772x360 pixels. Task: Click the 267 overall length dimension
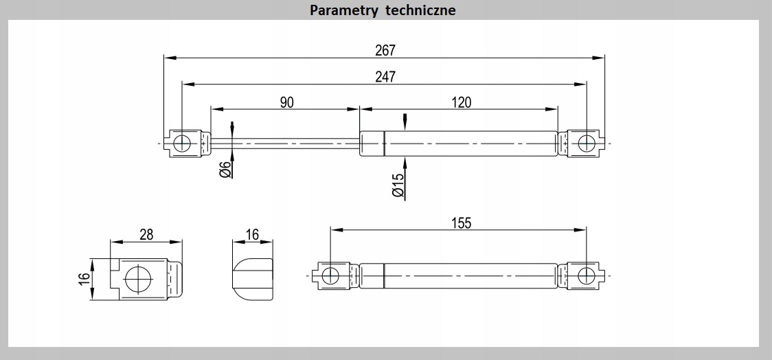pos(385,49)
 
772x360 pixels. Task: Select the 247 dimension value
pos(385,76)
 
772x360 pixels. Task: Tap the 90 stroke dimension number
pos(286,102)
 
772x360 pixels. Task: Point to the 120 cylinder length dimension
pos(462,102)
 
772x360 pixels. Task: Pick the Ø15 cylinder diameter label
pos(398,185)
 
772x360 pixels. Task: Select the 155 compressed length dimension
pos(462,223)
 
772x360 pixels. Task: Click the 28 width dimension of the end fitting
pos(146,234)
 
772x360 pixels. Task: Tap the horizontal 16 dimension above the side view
pos(252,234)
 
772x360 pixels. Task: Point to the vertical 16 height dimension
pos(84,278)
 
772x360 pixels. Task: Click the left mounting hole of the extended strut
pos(182,143)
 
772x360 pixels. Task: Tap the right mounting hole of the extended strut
pos(586,143)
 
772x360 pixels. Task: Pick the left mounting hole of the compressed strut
pos(330,275)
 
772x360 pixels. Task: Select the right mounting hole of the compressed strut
pos(586,275)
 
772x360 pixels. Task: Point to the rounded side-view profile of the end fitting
pos(252,278)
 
